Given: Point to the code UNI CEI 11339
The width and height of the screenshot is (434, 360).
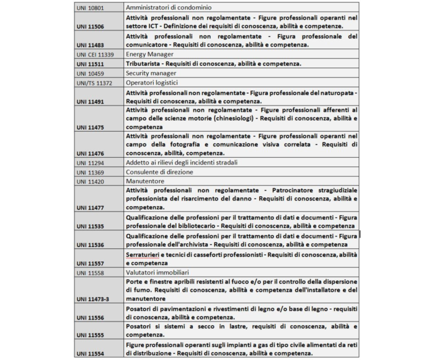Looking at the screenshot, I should pos(94,55).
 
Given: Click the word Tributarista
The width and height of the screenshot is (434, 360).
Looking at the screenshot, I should pos(144,64).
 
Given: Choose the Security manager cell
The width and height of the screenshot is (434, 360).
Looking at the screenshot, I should pos(151,73).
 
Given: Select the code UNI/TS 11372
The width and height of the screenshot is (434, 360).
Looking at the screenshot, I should pos(94,82).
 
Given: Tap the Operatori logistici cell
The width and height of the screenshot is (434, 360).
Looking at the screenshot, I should pos(151,82).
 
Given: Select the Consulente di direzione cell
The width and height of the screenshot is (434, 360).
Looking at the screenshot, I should pos(159,172).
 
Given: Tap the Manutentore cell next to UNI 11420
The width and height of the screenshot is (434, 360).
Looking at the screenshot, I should pos(146,181).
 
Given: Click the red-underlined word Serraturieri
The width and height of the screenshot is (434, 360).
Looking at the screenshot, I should pos(146,255).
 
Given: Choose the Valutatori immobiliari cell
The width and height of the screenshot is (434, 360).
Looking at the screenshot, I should pos(157,273).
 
